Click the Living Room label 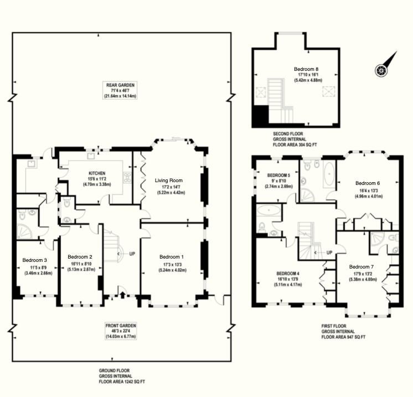tap(168, 181)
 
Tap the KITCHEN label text tap(97, 173)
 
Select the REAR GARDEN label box tap(120, 90)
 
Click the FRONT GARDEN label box tap(121, 331)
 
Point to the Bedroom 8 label tap(306, 69)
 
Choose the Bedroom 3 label tap(34, 260)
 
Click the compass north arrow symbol tap(385, 65)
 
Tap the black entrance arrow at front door tap(122, 295)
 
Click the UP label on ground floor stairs tap(132, 254)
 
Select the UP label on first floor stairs tap(329, 252)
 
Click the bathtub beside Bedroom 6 tap(329, 174)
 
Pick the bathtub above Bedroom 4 tap(269, 210)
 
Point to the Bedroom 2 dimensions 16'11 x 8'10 tap(81, 264)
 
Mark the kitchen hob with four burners tap(127, 177)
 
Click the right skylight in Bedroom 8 tap(328, 92)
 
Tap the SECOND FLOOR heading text tap(288, 133)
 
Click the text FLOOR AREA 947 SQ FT tap(343, 337)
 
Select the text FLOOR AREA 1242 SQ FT tap(122, 381)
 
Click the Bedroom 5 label tap(278, 175)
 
